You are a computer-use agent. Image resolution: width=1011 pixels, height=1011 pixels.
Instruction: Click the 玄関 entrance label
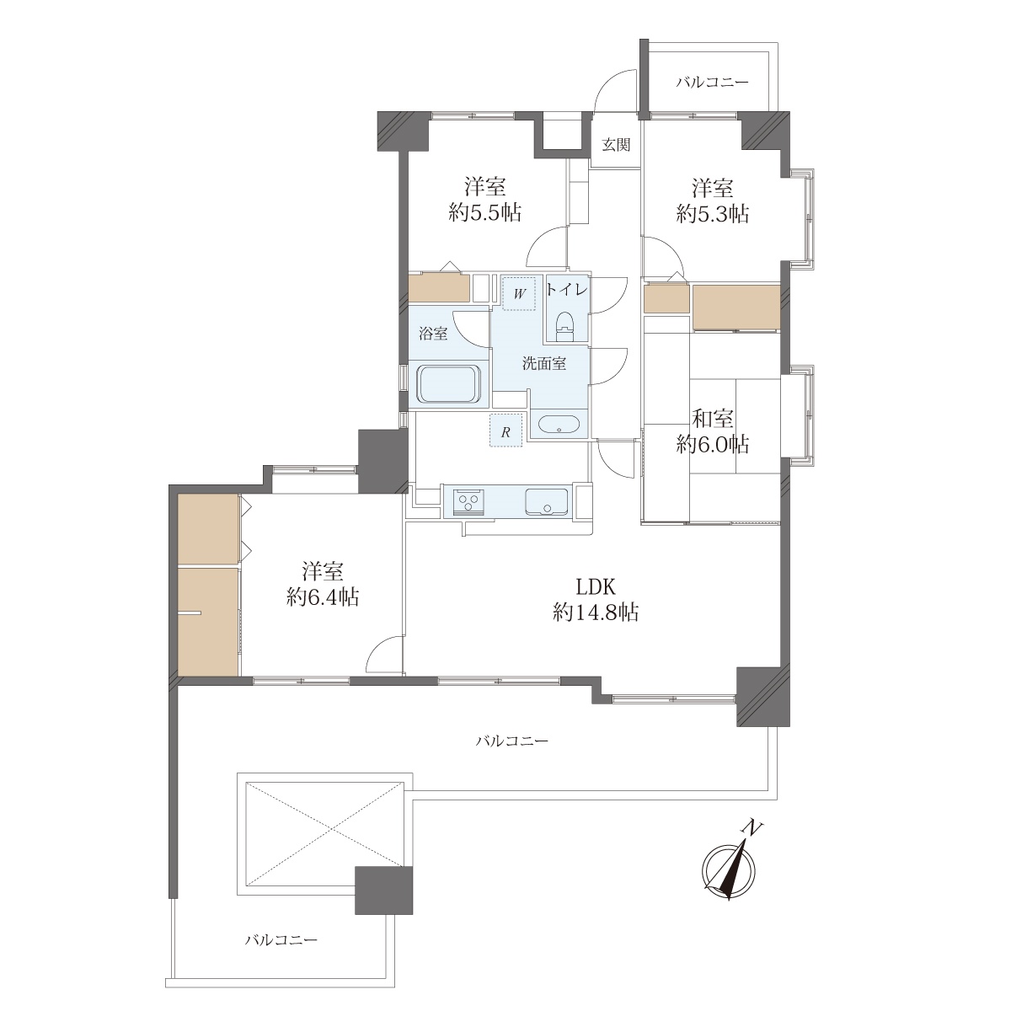tap(615, 145)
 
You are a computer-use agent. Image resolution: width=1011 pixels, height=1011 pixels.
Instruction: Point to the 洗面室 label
tap(544, 363)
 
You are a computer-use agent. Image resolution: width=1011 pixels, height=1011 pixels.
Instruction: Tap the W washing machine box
tap(520, 293)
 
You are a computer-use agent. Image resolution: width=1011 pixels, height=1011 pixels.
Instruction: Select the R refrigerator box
tap(506, 431)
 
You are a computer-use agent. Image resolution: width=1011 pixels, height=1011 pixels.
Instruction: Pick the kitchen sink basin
tap(546, 501)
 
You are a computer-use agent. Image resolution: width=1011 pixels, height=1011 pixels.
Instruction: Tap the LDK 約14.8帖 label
tap(596, 599)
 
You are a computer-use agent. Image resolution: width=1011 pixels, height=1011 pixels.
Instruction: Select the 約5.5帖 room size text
tap(484, 213)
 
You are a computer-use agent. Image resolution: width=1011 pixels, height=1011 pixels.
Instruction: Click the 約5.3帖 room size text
tap(713, 213)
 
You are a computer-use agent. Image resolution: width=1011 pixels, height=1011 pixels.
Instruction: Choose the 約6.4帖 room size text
tap(323, 597)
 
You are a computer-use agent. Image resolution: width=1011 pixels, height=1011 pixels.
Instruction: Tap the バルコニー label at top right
tap(712, 83)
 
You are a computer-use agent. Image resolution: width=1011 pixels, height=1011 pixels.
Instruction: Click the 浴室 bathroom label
tap(433, 333)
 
